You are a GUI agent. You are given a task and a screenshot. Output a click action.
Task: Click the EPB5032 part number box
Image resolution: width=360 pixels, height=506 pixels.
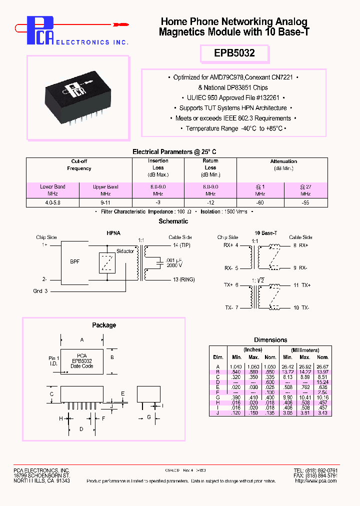235,53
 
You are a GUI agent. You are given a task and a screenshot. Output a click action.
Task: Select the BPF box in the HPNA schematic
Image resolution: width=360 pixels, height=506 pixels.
74,261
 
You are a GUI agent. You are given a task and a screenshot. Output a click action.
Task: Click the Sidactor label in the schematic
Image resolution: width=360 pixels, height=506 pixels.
125,251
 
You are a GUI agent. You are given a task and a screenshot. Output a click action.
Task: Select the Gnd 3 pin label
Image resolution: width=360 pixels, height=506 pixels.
41,291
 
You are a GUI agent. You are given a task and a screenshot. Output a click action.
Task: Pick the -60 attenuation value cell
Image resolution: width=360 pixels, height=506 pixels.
260,202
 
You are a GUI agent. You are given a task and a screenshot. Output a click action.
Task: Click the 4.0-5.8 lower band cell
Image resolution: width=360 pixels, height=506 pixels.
53,202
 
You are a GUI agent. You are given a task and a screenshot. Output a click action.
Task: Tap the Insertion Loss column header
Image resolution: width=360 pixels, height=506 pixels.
158,167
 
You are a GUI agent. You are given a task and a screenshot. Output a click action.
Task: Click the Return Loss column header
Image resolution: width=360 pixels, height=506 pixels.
210,167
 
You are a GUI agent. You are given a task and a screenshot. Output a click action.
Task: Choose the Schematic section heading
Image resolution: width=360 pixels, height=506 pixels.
173,221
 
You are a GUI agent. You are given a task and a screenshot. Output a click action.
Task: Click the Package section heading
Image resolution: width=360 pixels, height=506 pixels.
104,325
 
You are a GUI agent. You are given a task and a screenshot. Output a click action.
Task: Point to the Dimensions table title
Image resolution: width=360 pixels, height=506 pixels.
270,340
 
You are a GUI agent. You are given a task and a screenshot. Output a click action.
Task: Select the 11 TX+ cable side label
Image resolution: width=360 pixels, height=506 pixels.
301,284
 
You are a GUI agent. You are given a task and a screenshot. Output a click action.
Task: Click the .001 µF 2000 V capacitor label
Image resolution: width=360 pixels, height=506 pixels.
174,263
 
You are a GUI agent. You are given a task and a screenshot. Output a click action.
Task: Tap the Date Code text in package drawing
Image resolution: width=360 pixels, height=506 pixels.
81,366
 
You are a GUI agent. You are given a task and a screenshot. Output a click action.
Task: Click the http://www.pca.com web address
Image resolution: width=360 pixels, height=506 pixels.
315,480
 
